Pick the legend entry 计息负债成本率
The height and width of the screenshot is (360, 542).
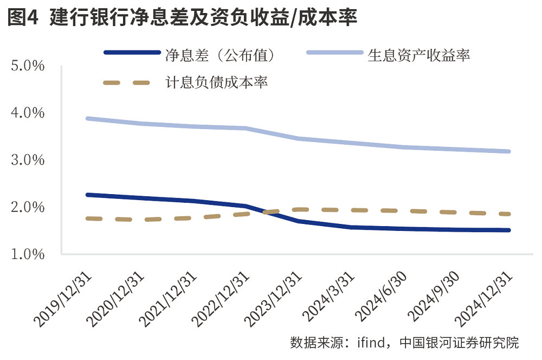coord(216,83)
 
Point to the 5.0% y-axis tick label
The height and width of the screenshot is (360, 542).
coord(27,66)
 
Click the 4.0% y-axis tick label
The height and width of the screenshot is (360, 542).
coord(27,113)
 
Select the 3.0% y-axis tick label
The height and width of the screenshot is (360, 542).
coord(27,160)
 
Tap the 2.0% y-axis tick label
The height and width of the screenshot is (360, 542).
coord(27,207)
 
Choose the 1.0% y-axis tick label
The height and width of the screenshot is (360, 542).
coord(27,254)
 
